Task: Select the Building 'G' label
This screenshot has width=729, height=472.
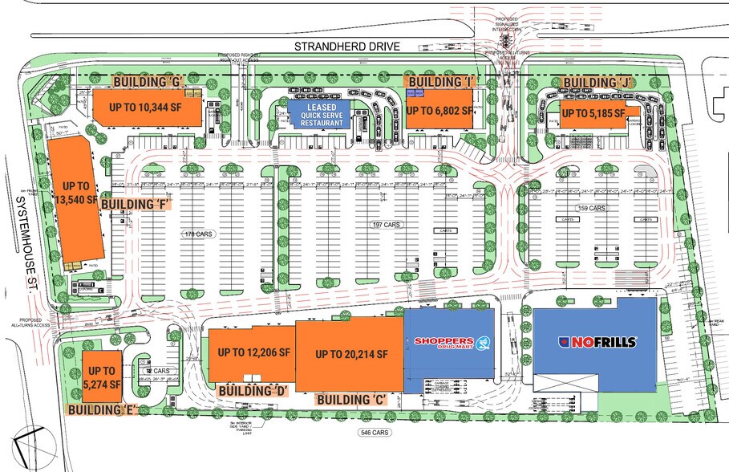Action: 149,81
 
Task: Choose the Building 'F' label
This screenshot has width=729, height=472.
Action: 133,204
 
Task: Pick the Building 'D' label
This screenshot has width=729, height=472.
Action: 253,390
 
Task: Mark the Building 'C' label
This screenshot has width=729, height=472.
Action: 352,399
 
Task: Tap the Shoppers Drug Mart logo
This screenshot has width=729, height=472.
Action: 449,344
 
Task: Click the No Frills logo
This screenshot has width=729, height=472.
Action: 597,342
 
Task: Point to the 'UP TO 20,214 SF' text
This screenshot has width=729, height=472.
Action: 351,354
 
